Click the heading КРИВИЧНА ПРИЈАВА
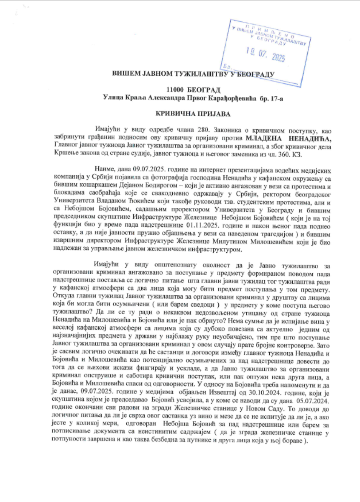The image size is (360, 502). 180,114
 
